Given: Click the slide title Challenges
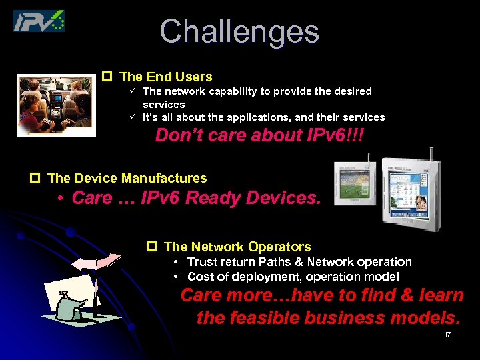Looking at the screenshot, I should [x=239, y=31].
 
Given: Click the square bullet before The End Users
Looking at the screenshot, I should [x=105, y=77].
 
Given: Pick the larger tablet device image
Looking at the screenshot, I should [x=411, y=190].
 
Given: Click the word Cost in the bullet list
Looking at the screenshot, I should [x=200, y=276].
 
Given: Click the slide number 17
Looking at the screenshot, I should [x=447, y=334].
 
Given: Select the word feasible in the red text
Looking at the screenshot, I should [x=263, y=318].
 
